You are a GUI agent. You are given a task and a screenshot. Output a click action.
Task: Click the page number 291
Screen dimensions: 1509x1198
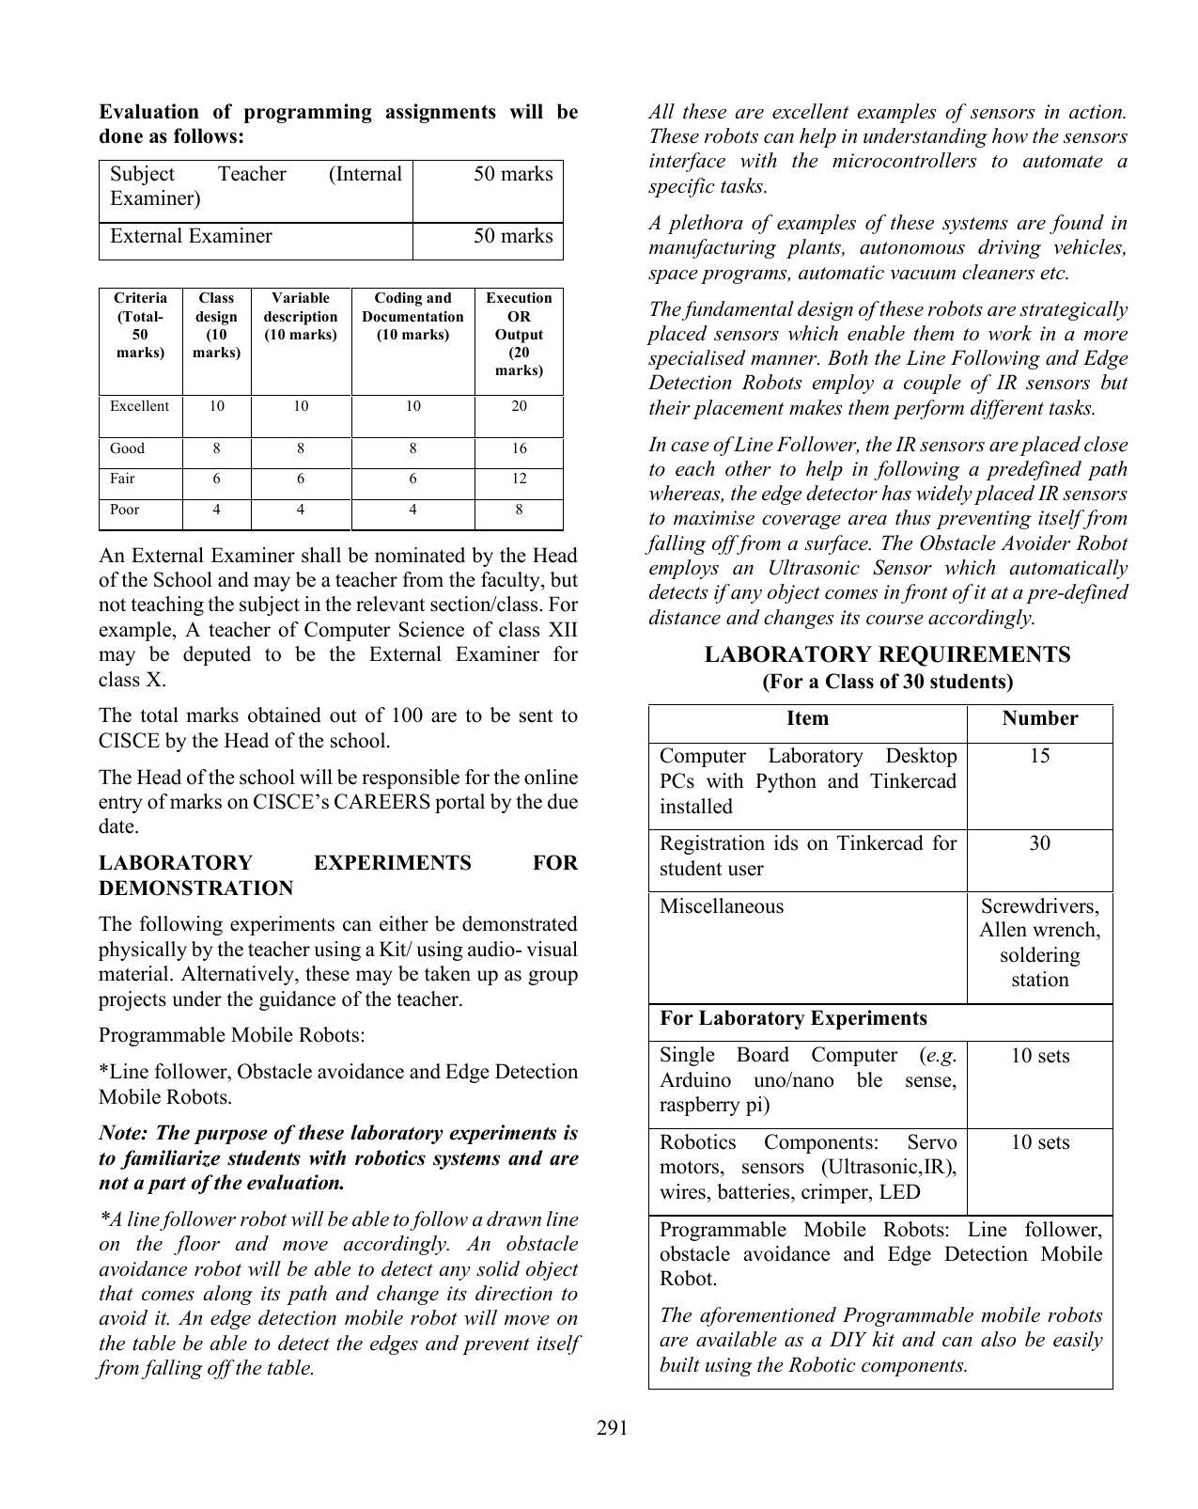(612, 1428)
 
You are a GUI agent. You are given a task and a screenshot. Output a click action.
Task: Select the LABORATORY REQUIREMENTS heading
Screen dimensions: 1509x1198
(887, 654)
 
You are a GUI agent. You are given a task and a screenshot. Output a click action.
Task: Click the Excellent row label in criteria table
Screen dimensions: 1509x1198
(139, 406)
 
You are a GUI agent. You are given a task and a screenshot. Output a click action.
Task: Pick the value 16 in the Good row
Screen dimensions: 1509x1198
(519, 448)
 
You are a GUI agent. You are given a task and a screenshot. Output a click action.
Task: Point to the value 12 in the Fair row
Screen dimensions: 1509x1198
(519, 479)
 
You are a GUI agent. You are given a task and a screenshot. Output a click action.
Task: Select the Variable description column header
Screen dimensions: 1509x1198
(300, 317)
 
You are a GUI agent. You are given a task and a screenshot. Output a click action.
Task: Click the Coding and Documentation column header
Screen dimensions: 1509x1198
(412, 317)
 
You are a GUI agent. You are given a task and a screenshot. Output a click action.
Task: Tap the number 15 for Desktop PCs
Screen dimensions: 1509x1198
(1039, 756)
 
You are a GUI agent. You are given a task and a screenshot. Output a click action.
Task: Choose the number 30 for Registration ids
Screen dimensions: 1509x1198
(1039, 843)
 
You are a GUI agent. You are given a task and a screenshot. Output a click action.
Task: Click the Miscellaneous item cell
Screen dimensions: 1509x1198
(721, 906)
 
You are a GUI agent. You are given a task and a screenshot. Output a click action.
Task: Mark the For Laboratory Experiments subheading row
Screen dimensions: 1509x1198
(793, 1018)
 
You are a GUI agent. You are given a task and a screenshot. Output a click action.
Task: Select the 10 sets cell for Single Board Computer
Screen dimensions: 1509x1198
(1039, 1056)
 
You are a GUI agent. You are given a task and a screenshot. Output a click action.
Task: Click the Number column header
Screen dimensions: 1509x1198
(1039, 718)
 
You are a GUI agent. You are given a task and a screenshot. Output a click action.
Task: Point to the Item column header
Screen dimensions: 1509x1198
(806, 718)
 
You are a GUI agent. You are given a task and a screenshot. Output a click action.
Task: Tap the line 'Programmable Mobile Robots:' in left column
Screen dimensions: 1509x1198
(231, 1035)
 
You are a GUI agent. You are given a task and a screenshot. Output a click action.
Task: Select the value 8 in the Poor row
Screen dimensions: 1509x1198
(519, 510)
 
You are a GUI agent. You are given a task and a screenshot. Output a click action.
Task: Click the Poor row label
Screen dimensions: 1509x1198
(124, 510)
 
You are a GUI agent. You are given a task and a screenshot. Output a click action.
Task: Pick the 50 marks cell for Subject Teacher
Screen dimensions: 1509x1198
(513, 174)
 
